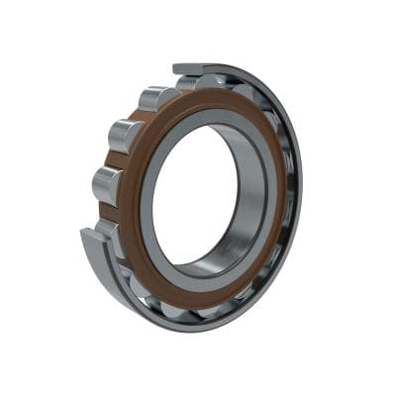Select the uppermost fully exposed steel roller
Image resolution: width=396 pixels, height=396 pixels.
[158, 99]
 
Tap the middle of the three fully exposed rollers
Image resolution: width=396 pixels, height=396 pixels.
[125, 136]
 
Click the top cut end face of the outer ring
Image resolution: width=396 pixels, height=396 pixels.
[187, 69]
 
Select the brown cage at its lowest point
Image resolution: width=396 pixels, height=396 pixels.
[188, 298]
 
